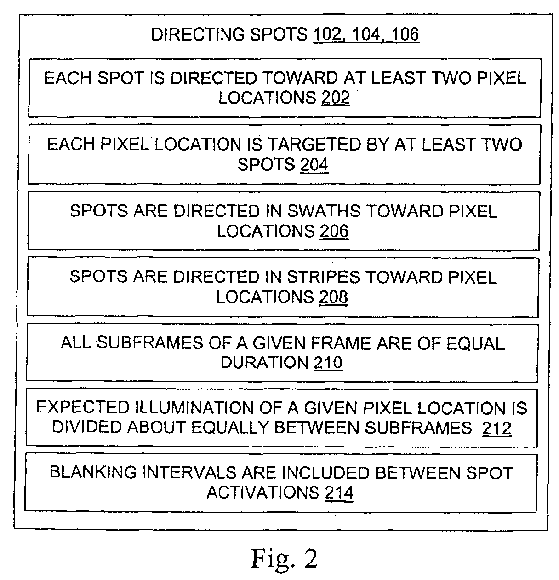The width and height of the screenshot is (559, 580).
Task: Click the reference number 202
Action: [335, 98]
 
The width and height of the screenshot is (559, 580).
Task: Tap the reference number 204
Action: [314, 164]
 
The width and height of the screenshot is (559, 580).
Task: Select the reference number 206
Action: [334, 231]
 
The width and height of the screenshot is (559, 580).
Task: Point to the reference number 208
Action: [333, 297]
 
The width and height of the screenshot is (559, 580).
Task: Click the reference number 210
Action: [328, 362]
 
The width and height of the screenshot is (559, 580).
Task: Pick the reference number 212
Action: [496, 428]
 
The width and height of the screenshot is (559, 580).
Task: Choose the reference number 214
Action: [339, 493]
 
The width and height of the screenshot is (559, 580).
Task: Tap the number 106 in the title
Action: [405, 34]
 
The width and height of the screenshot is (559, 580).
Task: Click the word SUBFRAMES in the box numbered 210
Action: [150, 342]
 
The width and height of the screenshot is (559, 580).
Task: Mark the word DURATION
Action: [265, 362]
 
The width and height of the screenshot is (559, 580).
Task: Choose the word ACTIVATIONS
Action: [263, 493]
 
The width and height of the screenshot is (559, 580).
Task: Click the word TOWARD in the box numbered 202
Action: [301, 78]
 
